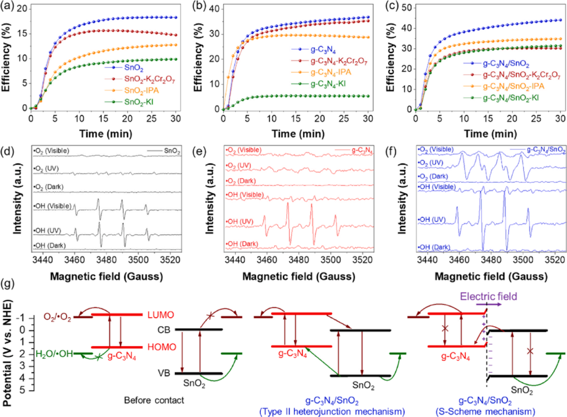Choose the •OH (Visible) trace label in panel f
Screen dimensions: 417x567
click(435, 187)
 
